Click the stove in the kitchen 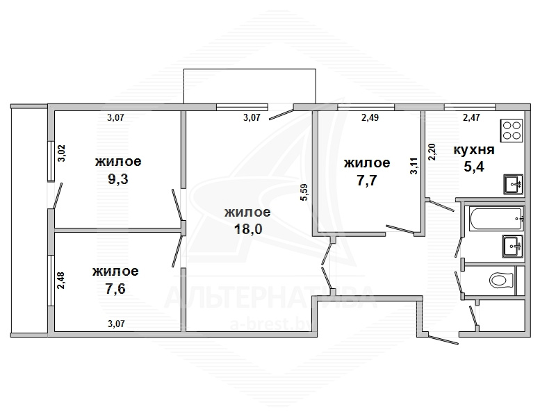512,131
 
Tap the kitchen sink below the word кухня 513,184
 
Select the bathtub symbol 496,219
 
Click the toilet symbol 502,281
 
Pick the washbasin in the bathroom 513,247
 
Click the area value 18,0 248,229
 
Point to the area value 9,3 117,179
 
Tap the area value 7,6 115,289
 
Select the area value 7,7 367,181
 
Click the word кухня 474,149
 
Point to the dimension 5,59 304,192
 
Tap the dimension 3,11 414,165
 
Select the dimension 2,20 432,152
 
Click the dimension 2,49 370,117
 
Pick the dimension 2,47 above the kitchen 472,117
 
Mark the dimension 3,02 62,153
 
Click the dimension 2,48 61,281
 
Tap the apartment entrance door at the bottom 442,338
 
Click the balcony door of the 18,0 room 281,113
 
